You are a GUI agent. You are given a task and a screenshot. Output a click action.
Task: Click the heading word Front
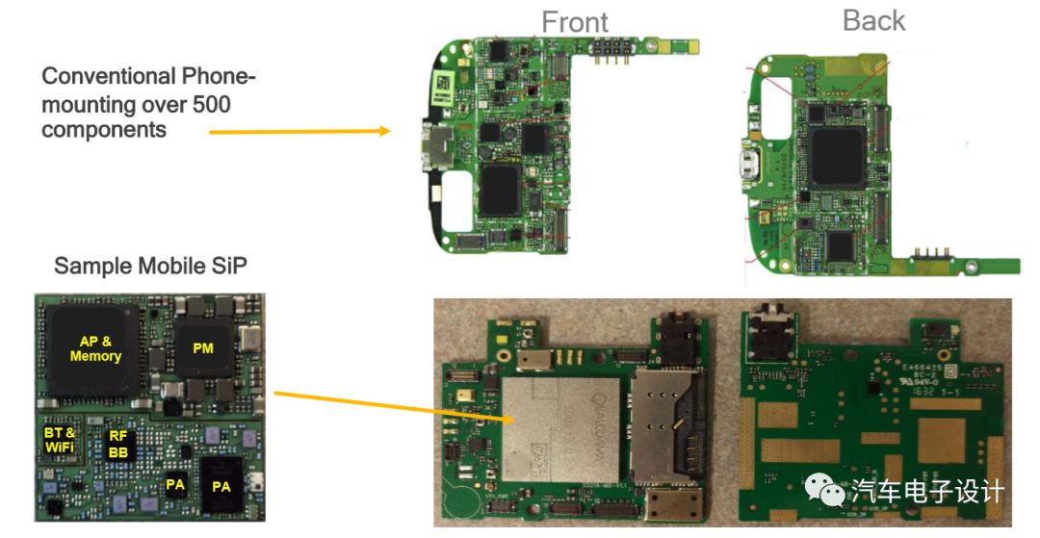click(575, 21)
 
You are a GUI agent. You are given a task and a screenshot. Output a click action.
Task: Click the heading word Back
click(873, 20)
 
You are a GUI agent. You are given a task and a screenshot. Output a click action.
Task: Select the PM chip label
click(202, 348)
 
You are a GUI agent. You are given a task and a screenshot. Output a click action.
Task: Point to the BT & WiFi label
click(60, 440)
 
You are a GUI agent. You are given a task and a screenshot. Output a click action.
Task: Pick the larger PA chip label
click(221, 486)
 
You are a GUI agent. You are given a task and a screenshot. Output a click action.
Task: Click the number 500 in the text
click(211, 104)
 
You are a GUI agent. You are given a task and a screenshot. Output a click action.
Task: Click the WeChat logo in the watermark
click(826, 491)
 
